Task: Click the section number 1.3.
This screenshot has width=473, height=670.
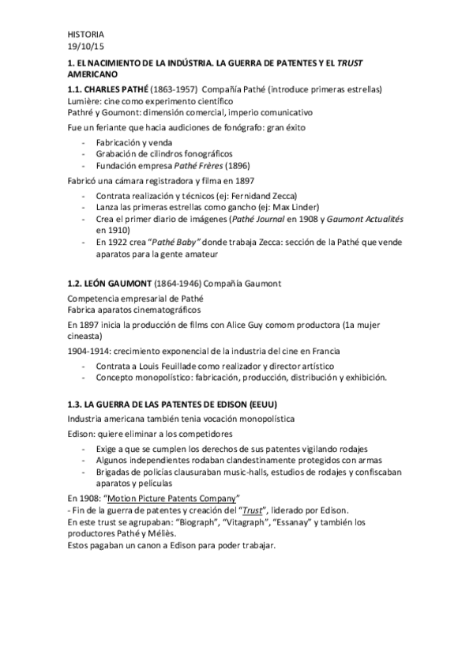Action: click(x=76, y=405)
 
